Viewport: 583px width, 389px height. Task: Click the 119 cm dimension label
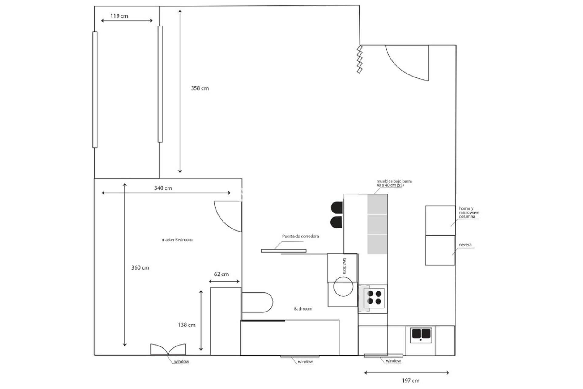pyautogui.click(x=119, y=16)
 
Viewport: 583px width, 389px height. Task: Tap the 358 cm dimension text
pyautogui.click(x=200, y=88)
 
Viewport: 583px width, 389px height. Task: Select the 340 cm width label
pyautogui.click(x=163, y=188)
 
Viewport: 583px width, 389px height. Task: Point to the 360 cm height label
pyautogui.click(x=140, y=268)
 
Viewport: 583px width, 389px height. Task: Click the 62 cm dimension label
pyautogui.click(x=221, y=274)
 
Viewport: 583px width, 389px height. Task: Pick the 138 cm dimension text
pyautogui.click(x=186, y=325)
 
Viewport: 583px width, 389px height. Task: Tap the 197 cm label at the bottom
pyautogui.click(x=411, y=380)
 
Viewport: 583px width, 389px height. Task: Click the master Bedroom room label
pyautogui.click(x=177, y=240)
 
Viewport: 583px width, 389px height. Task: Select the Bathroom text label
pyautogui.click(x=303, y=309)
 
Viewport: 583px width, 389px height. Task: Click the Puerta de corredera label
pyautogui.click(x=300, y=236)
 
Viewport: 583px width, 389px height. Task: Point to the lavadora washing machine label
pyautogui.click(x=345, y=266)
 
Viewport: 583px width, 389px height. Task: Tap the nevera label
pyautogui.click(x=465, y=245)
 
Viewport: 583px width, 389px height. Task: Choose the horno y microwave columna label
pyautogui.click(x=469, y=212)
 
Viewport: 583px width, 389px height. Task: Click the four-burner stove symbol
pyautogui.click(x=374, y=298)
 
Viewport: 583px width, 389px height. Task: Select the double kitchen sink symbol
pyautogui.click(x=421, y=334)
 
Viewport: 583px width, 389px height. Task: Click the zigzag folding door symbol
pyautogui.click(x=360, y=60)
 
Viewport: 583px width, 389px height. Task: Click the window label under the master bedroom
pyautogui.click(x=181, y=361)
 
